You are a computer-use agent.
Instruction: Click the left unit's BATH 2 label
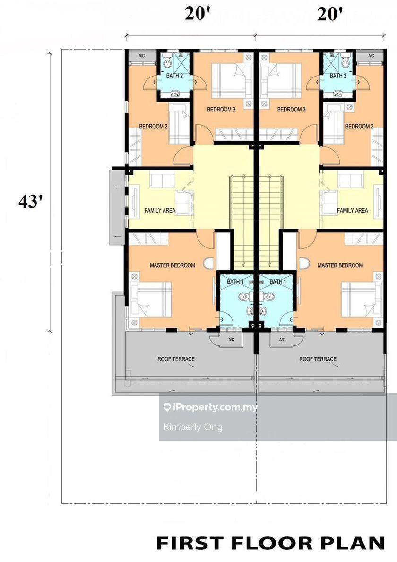pyautogui.click(x=175, y=76)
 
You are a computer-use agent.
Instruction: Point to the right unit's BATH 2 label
pyautogui.click(x=338, y=76)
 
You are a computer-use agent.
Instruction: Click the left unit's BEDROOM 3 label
pyautogui.click(x=221, y=109)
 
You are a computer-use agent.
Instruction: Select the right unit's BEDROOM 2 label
pyautogui.click(x=359, y=126)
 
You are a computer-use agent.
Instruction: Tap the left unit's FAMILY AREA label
pyautogui.click(x=160, y=210)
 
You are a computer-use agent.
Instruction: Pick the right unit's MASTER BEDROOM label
pyautogui.click(x=340, y=265)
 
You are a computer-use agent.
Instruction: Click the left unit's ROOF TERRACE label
pyautogui.click(x=176, y=359)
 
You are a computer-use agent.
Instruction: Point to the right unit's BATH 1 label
pyautogui.click(x=278, y=282)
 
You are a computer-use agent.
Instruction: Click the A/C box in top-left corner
pyautogui.click(x=142, y=56)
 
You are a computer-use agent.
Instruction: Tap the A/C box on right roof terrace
pyautogui.click(x=282, y=339)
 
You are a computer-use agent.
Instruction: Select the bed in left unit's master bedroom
pyautogui.click(x=151, y=299)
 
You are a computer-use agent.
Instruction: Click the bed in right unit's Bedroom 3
pyautogui.click(x=281, y=81)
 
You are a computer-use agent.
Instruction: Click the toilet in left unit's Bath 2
pyautogui.click(x=167, y=62)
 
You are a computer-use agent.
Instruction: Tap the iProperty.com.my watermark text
pyautogui.click(x=210, y=407)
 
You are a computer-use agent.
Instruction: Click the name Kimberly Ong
pyautogui.click(x=193, y=427)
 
